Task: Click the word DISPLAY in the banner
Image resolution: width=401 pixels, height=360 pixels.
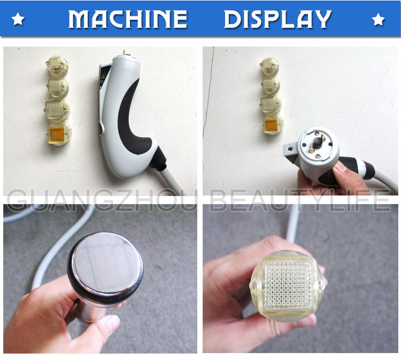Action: tap(277, 19)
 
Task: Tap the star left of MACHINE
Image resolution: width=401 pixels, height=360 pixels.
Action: tap(18, 20)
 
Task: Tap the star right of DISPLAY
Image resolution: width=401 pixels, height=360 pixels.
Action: tap(378, 20)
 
